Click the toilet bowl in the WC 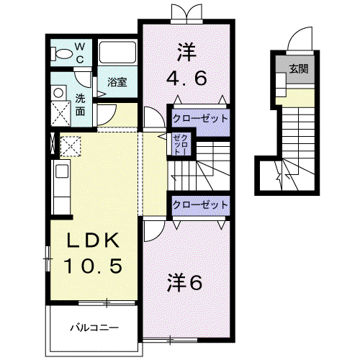61,54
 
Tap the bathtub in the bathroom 117,53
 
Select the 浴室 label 117,82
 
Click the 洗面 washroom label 80,105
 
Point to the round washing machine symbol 58,93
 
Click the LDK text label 93,240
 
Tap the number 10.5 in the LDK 94,266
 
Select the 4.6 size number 186,78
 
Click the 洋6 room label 185,282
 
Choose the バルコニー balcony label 94,328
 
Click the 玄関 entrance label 299,69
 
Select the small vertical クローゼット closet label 181,145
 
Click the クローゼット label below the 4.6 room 200,119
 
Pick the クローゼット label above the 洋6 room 200,204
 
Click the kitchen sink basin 62,171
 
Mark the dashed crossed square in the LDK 71,146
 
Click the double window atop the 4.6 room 186,14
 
